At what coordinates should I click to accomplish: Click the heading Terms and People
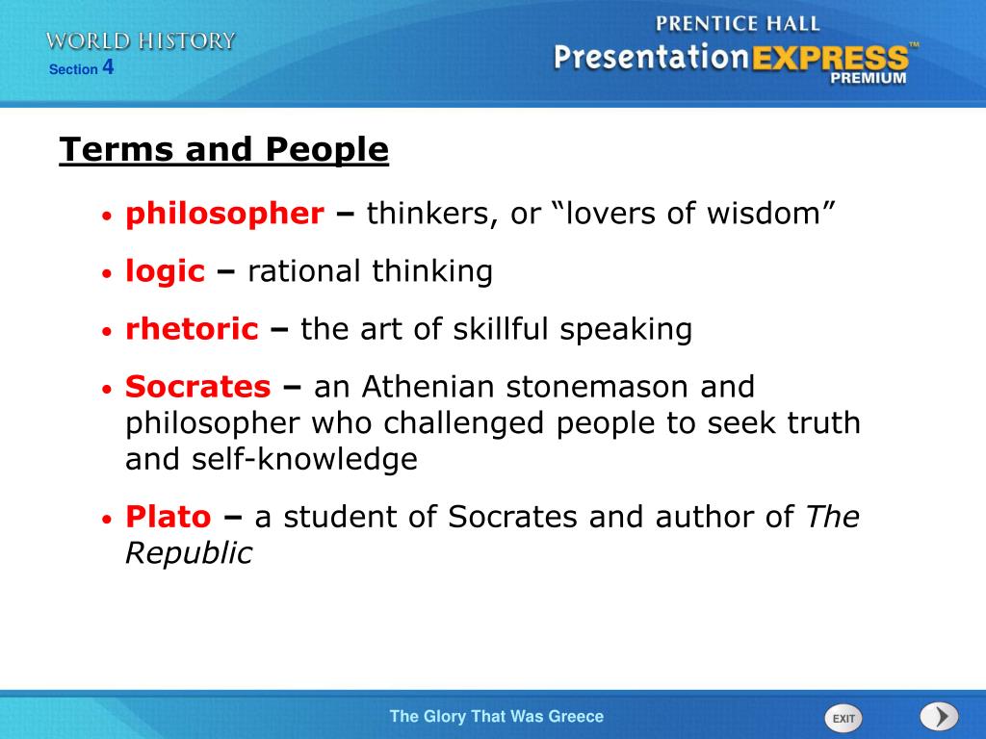(223, 150)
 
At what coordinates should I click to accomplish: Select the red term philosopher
(224, 214)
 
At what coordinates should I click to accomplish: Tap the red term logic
(165, 272)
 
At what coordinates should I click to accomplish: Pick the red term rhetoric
(192, 330)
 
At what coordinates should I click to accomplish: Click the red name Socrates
(198, 388)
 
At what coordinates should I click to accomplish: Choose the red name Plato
(168, 518)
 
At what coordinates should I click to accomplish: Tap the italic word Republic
(189, 554)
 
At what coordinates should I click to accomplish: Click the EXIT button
(843, 718)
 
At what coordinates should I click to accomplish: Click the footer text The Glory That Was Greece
(496, 716)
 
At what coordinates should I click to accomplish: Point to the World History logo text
(141, 40)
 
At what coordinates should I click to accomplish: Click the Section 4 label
(82, 68)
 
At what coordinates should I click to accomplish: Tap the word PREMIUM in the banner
(868, 79)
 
